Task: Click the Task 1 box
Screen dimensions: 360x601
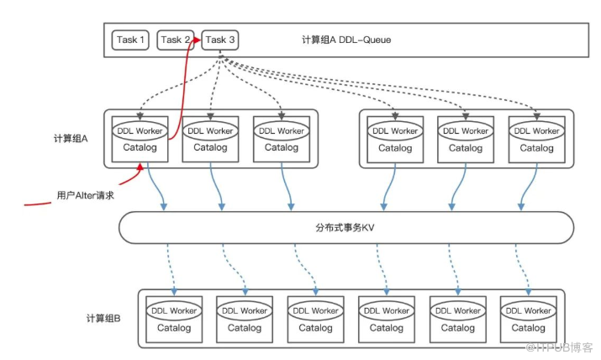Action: click(130, 40)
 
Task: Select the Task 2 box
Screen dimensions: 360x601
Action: click(176, 40)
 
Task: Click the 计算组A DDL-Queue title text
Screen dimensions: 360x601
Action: click(345, 40)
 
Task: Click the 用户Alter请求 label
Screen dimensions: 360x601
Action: click(85, 194)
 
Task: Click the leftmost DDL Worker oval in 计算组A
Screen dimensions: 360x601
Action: click(140, 130)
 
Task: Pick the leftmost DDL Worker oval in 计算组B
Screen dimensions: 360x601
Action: click(174, 310)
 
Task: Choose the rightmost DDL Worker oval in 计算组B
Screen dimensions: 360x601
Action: click(528, 310)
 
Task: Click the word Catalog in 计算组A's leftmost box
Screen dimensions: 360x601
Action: click(140, 148)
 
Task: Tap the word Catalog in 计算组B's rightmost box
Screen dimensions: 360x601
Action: click(528, 328)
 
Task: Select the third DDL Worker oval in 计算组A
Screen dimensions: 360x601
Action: click(280, 130)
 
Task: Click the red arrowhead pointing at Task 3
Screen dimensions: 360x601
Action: click(198, 37)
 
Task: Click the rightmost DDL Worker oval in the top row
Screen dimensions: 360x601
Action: click(535, 130)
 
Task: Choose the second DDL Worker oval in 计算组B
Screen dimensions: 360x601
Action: click(245, 310)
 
